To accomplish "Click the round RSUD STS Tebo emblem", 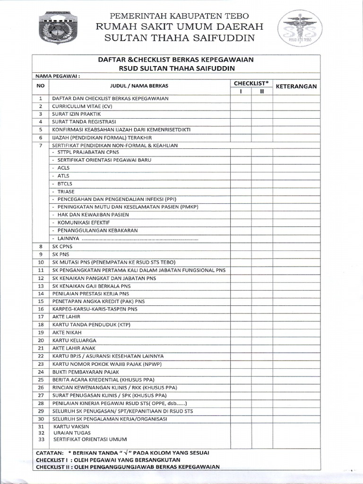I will click(300, 29).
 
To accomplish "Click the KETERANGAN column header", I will click(296, 86).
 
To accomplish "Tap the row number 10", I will click(41, 262).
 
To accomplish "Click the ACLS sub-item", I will click(63, 168).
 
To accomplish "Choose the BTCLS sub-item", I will click(65, 183).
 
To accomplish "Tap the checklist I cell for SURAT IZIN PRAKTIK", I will click(241, 114).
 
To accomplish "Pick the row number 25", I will click(41, 380).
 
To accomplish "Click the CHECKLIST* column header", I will click(251, 83).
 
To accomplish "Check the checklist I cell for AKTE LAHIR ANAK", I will click(241, 348).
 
